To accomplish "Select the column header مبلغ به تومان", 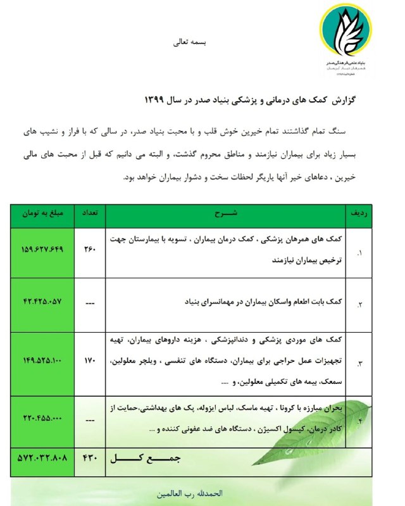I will click(41, 214).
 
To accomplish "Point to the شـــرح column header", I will click(232, 214).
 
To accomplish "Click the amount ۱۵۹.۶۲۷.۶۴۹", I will click(41, 249).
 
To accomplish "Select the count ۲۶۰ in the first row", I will click(89, 249).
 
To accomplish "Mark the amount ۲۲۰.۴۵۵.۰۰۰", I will click(41, 419).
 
